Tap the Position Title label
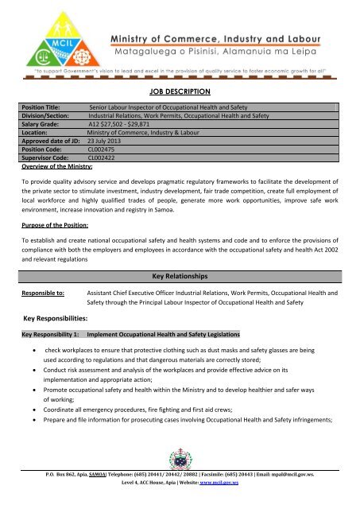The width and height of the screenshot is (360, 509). pyautogui.click(x=46, y=107)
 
